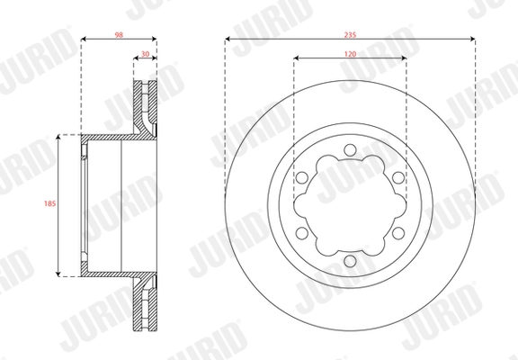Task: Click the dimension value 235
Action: click(351, 31)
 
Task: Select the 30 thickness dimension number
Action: click(146, 54)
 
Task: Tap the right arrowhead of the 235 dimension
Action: click(472, 40)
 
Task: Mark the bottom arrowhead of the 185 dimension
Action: click(59, 273)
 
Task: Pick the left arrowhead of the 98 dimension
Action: click(84, 40)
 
